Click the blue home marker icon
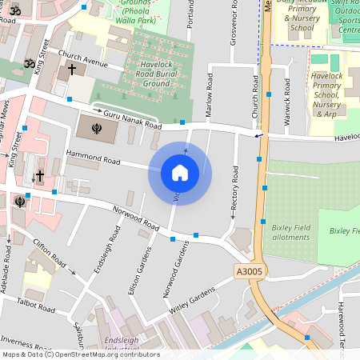(180, 173)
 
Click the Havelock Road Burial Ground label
(145, 77)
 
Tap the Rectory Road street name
(234, 189)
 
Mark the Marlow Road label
(209, 99)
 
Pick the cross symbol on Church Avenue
(72, 70)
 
